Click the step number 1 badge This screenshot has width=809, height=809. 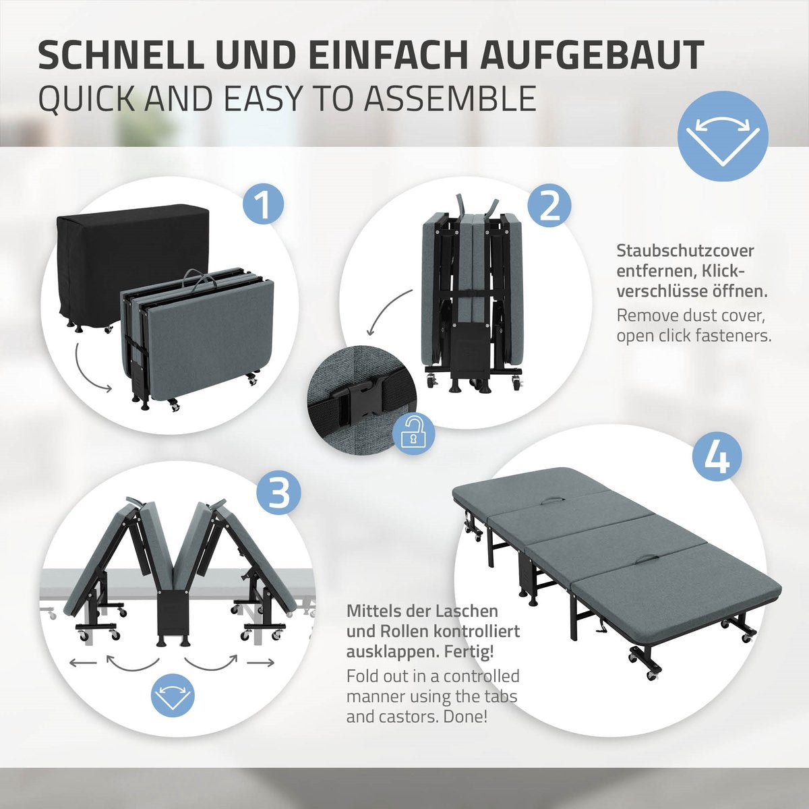click(x=263, y=205)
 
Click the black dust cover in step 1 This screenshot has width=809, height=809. click(x=133, y=266)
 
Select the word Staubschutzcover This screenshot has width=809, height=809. click(x=685, y=251)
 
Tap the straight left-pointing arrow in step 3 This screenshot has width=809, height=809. click(x=83, y=663)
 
